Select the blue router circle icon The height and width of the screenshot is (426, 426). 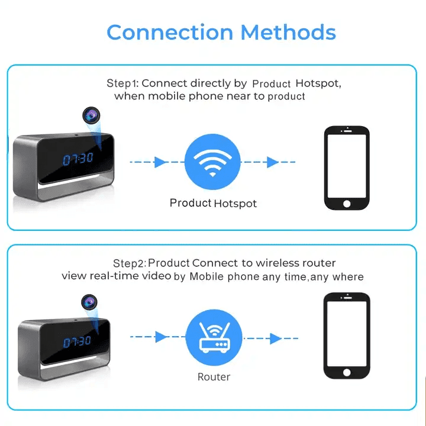click(x=214, y=338)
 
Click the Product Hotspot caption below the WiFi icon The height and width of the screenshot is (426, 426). click(x=214, y=203)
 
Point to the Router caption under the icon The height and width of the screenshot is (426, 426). click(x=214, y=377)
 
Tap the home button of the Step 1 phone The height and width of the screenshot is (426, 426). click(x=347, y=203)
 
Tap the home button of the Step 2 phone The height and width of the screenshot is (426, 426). click(x=347, y=372)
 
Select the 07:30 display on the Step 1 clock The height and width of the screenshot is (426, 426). click(x=78, y=159)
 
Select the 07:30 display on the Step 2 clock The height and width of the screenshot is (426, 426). click(x=78, y=341)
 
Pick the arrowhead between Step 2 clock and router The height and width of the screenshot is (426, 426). click(x=160, y=337)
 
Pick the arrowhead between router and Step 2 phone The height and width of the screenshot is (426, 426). click(x=274, y=338)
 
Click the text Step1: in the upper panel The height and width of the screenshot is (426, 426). click(x=122, y=83)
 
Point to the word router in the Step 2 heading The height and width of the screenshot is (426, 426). click(x=319, y=263)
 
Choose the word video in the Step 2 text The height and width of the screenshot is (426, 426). click(x=157, y=276)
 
